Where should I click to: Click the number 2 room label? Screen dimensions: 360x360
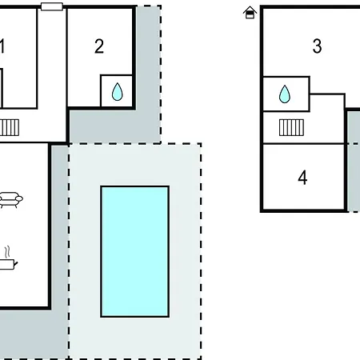99,46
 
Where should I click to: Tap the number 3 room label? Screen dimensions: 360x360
317,46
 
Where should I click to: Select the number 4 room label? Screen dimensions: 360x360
302,178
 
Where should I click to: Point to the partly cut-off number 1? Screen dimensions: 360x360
2,46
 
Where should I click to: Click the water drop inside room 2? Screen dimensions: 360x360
117,92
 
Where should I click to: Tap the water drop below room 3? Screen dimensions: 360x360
285,94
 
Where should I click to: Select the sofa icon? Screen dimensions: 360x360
11,199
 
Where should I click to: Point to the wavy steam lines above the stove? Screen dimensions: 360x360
7,252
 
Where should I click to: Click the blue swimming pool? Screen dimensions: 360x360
135,251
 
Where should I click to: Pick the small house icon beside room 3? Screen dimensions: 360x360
250,13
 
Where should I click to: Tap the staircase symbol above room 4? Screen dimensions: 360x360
291,127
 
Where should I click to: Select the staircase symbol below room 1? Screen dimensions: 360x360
10,127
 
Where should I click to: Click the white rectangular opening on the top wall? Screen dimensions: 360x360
52,6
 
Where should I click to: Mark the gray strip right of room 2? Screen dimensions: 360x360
147,72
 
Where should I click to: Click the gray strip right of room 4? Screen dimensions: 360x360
354,161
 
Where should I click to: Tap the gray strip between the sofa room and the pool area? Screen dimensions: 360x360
60,226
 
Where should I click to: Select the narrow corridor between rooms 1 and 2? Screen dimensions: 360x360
52,74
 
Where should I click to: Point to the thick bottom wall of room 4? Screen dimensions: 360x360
303,211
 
